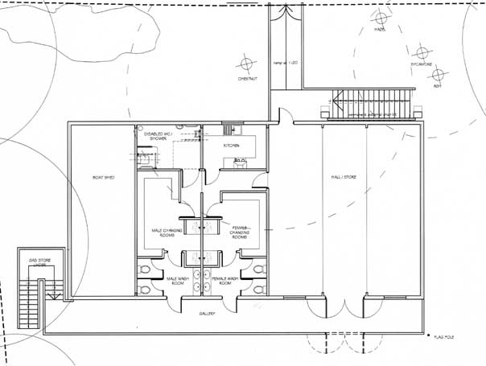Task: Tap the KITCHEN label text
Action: point(233,146)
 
